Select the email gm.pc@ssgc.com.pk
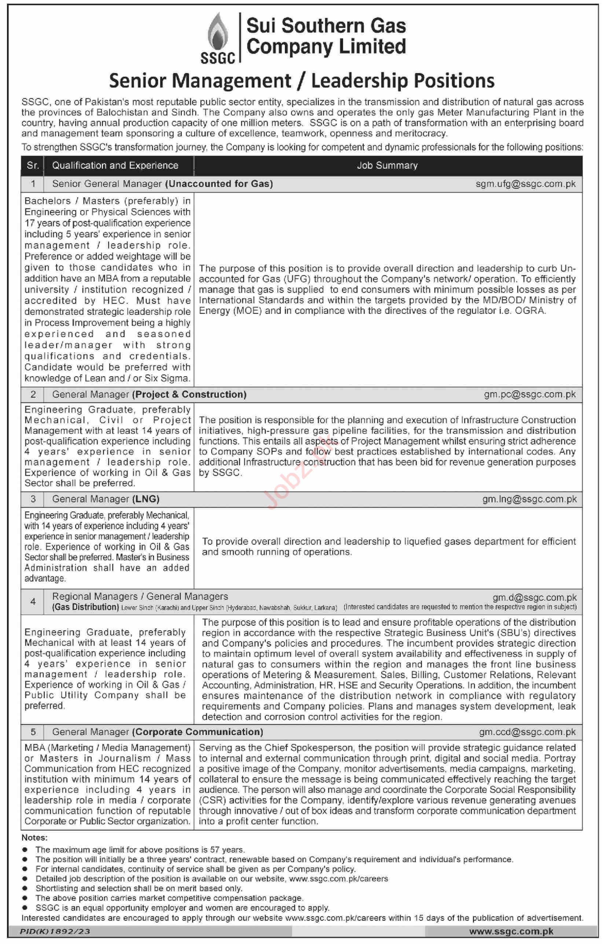click(x=529, y=394)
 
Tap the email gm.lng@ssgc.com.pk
click(x=529, y=499)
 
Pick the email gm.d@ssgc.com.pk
click(x=535, y=597)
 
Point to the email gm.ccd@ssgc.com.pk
click(x=527, y=732)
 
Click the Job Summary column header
click(x=387, y=165)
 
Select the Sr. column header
click(x=33, y=165)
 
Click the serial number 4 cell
click(x=33, y=601)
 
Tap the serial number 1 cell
click(x=33, y=184)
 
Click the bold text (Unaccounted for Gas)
click(x=219, y=184)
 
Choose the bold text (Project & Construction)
click(x=189, y=394)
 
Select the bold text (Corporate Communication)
click(x=198, y=732)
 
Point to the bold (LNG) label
click(x=146, y=499)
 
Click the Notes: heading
click(x=34, y=838)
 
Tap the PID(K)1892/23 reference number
click(x=55, y=932)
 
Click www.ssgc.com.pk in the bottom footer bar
click(x=511, y=932)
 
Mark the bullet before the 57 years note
click(x=25, y=850)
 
